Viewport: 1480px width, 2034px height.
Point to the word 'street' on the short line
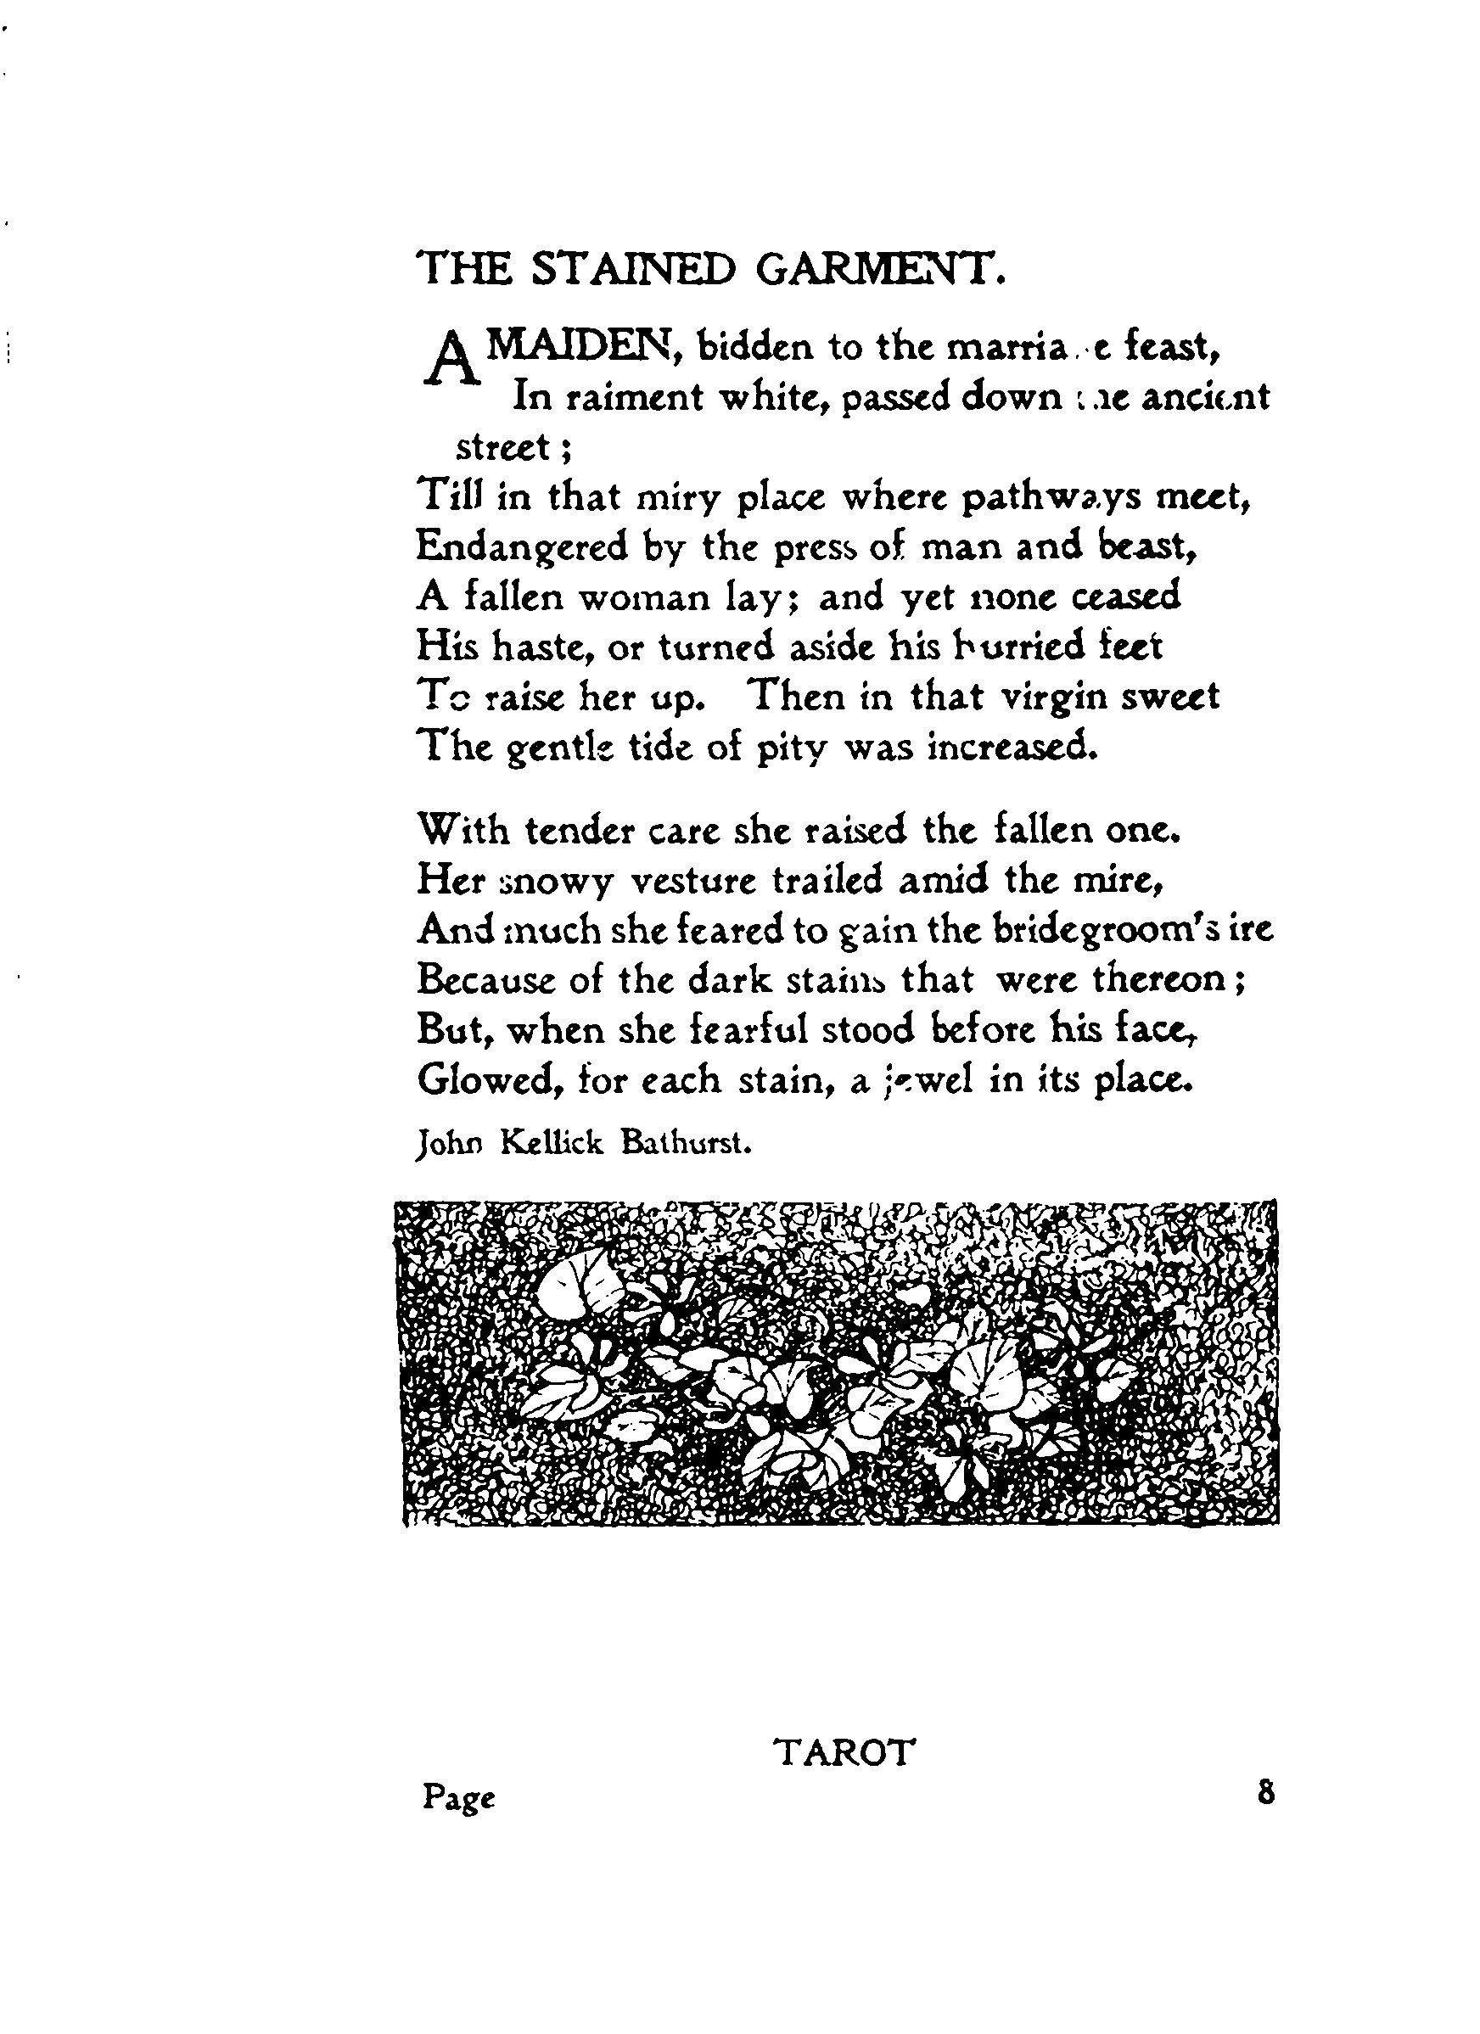point(503,445)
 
